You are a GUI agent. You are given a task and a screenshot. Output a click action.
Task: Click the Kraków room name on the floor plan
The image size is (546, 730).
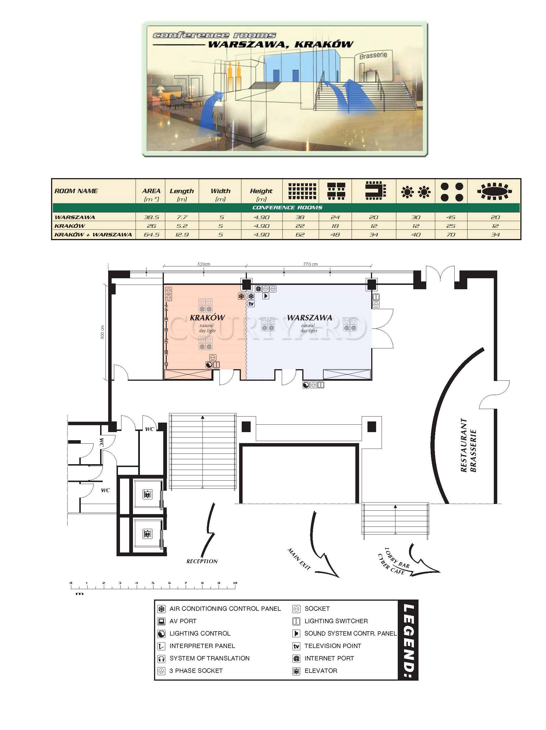click(x=207, y=318)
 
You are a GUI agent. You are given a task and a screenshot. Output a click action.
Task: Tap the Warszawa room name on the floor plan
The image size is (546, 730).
click(x=309, y=318)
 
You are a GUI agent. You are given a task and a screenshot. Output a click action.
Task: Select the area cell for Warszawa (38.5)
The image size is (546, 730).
click(x=151, y=217)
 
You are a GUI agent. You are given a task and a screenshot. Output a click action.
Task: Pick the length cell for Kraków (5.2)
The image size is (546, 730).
click(x=182, y=226)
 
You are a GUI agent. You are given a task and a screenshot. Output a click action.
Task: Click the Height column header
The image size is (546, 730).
click(x=261, y=191)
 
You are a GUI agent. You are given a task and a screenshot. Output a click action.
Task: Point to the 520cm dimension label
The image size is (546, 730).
click(x=204, y=264)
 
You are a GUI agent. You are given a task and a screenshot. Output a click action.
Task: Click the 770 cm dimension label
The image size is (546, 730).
click(x=310, y=264)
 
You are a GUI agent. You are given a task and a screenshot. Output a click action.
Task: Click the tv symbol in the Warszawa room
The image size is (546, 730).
click(x=251, y=304)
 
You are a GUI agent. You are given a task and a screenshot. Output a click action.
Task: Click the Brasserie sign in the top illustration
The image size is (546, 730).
click(x=373, y=55)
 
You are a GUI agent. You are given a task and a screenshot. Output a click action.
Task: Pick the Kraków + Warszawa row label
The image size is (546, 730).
click(x=93, y=235)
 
